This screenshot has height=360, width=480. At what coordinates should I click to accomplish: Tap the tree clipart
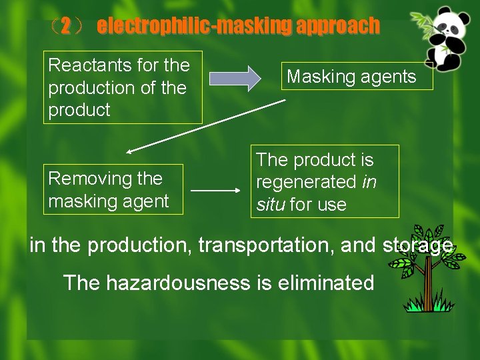(430, 267)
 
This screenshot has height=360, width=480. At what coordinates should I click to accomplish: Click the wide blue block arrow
(235, 78)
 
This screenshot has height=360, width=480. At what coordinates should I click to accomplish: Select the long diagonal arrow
(207, 127)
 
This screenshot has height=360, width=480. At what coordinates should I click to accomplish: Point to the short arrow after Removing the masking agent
(215, 190)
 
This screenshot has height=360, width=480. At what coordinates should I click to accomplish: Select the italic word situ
(271, 205)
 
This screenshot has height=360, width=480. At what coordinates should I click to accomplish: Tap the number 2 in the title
(65, 27)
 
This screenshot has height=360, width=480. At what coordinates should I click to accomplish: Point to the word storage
(417, 245)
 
